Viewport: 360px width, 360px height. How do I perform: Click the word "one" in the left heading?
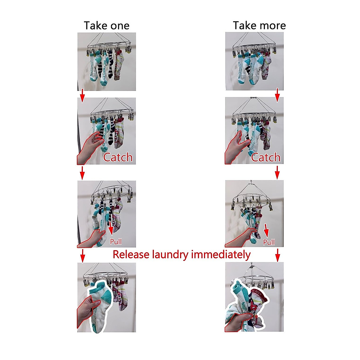tap(120, 26)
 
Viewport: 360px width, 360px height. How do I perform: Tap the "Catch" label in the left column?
tap(118, 157)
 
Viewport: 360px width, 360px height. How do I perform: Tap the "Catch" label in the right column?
tap(265, 157)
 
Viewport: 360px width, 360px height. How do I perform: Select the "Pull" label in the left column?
tap(116, 241)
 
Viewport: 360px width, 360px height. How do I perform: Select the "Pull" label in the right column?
tap(269, 242)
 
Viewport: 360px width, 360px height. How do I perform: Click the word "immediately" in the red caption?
tap(221, 254)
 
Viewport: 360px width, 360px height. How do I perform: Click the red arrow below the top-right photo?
tap(277, 95)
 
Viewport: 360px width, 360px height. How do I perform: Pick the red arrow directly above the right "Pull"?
tap(266, 230)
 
